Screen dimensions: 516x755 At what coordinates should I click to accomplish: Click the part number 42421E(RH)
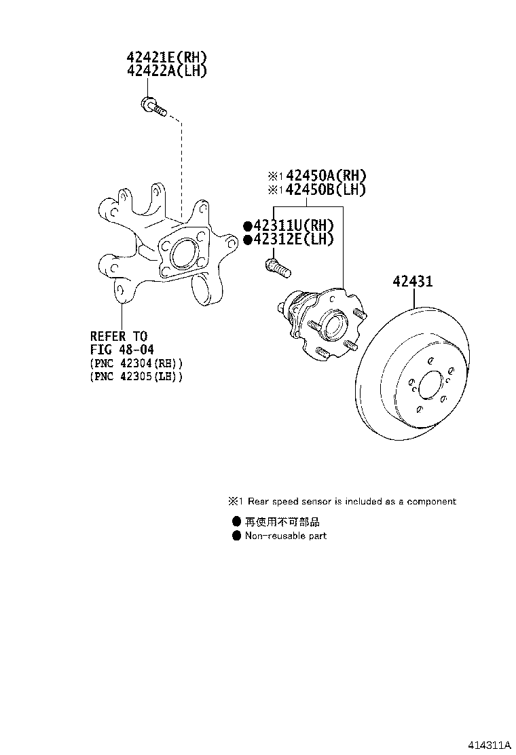(x=166, y=57)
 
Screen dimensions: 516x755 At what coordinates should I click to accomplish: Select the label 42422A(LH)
(x=166, y=71)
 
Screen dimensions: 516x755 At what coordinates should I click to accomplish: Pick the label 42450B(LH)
(x=325, y=189)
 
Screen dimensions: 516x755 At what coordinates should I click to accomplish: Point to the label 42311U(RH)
(x=293, y=225)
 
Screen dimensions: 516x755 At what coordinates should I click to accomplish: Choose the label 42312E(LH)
(x=293, y=239)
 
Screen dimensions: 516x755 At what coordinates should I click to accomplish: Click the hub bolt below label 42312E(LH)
(x=278, y=268)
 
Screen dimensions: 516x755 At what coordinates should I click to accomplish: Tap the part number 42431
(x=413, y=281)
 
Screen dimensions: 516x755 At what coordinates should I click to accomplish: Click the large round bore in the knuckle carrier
(x=183, y=254)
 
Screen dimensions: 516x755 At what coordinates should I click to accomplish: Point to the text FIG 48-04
(x=122, y=349)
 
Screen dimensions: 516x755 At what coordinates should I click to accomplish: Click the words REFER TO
(x=119, y=336)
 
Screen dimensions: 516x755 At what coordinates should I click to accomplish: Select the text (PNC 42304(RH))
(x=136, y=363)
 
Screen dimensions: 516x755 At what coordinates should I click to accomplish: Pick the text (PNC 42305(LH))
(x=136, y=376)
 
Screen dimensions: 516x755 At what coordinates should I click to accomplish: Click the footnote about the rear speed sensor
(x=342, y=501)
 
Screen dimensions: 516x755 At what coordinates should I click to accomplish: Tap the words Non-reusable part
(x=285, y=536)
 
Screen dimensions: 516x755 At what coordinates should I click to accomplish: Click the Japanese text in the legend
(x=282, y=521)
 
